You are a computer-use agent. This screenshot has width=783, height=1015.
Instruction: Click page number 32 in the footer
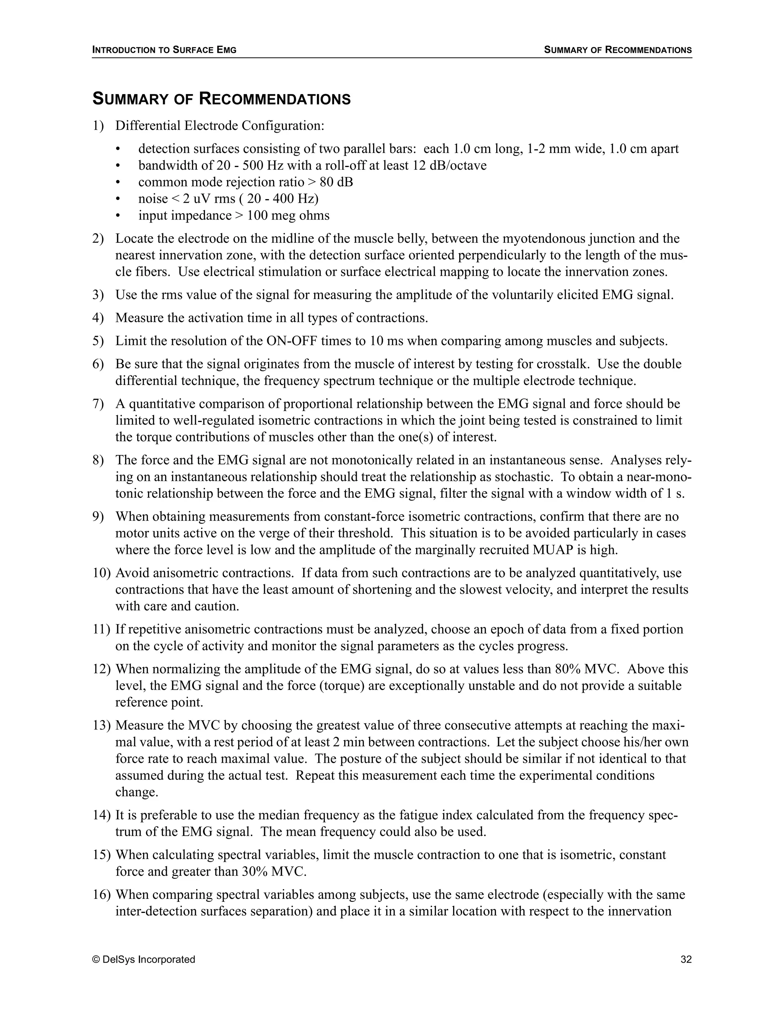[x=686, y=959]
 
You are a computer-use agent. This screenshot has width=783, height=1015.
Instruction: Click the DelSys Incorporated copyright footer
[x=144, y=959]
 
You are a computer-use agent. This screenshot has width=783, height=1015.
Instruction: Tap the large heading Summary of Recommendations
[x=221, y=99]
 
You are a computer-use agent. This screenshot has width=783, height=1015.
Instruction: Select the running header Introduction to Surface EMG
[x=164, y=50]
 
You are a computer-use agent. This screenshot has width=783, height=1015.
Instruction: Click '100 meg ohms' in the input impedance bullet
[x=288, y=216]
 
